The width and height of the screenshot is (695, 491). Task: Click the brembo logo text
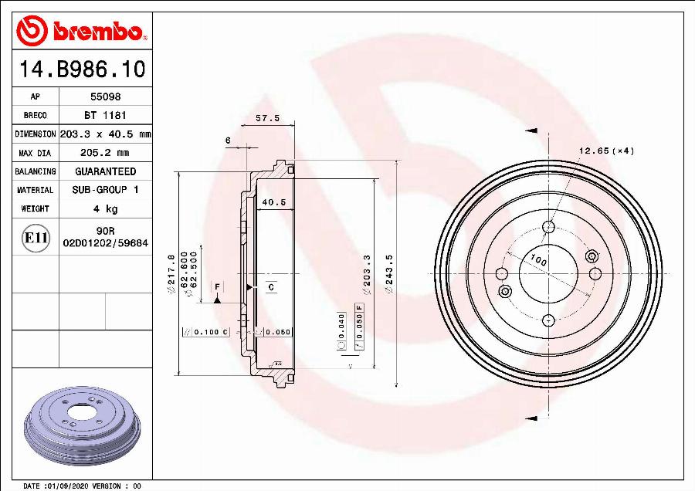(97, 32)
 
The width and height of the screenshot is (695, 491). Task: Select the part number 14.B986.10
(81, 69)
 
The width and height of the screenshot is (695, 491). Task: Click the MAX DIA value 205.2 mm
(105, 153)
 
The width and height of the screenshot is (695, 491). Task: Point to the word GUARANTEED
(105, 171)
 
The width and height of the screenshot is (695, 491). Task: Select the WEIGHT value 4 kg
(105, 208)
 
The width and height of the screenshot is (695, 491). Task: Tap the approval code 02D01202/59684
(105, 242)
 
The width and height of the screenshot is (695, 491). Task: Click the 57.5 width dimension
(266, 119)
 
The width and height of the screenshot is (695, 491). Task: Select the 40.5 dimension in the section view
(273, 202)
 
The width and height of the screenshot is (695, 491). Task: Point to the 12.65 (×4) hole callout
(605, 151)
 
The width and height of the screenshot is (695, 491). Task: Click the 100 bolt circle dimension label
(538, 262)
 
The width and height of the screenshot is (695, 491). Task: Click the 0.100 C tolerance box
(205, 332)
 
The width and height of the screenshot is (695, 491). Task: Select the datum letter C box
(271, 287)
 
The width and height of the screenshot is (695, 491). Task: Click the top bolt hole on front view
(548, 227)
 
